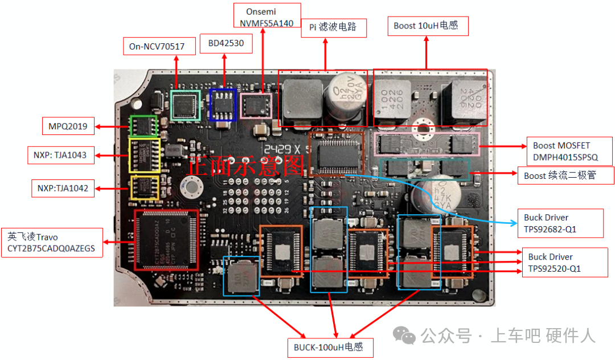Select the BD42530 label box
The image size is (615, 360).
click(x=226, y=44)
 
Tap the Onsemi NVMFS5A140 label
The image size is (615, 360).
click(x=267, y=17)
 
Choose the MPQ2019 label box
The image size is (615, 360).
click(x=68, y=126)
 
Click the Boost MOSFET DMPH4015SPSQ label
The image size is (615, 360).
click(x=569, y=152)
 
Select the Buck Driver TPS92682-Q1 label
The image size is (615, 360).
click(x=563, y=223)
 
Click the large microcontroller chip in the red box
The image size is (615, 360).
click(x=166, y=239)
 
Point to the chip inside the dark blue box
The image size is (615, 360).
click(x=223, y=105)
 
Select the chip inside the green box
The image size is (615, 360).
click(x=144, y=126)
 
